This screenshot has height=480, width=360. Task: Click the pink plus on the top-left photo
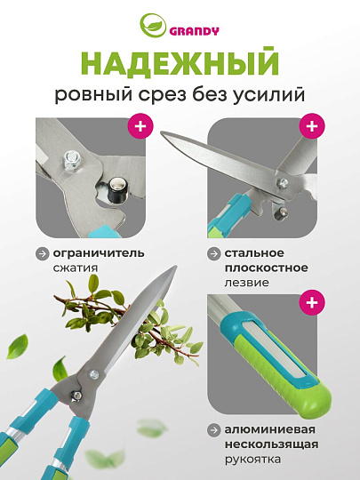click(140, 126)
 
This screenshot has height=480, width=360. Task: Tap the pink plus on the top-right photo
click(311, 126)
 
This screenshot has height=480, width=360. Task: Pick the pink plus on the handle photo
click(311, 304)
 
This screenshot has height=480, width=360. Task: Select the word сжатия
click(76, 267)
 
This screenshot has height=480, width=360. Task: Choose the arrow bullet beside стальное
click(214, 253)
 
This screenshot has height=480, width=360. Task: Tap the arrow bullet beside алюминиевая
click(214, 430)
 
